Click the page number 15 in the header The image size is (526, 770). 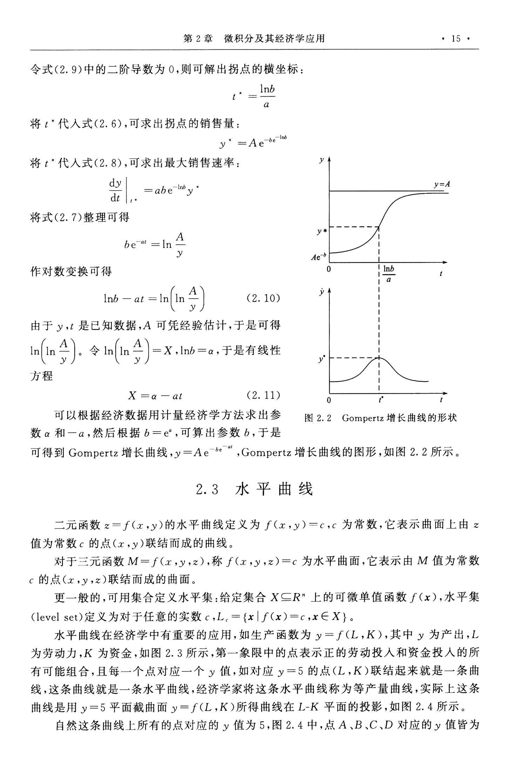coord(456,39)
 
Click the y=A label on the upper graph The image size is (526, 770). coord(442,185)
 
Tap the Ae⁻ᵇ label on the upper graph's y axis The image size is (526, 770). coord(319,257)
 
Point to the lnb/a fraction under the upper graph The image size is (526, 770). coord(389,274)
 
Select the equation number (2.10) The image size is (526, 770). coord(263,299)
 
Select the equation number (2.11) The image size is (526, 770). coord(263,396)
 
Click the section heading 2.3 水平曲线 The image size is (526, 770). coord(255,489)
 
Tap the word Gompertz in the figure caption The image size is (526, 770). coord(363,418)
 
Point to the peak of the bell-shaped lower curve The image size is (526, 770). coord(379,358)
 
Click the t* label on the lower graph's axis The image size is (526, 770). coord(381,399)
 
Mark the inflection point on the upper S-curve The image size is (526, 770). coord(379,227)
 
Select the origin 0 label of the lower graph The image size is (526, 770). coord(329,400)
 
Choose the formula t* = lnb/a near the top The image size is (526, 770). coord(254,96)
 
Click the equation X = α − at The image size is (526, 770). coord(155,396)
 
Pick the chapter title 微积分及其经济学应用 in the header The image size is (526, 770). coord(275,39)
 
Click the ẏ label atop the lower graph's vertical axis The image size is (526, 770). coord(321,292)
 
